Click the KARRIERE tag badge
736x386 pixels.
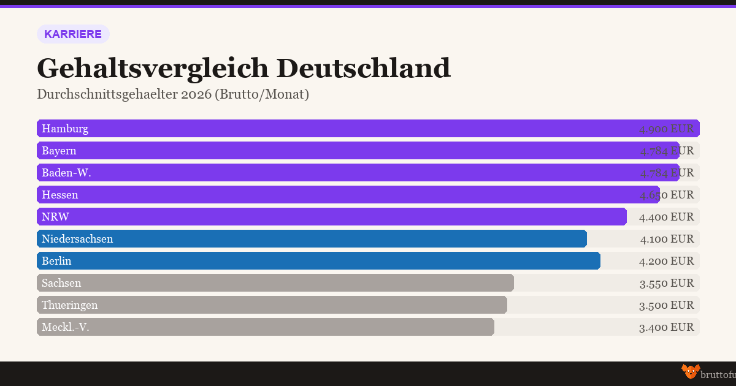point(73,34)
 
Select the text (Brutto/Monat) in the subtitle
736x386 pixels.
point(261,95)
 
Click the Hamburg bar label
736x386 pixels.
point(65,129)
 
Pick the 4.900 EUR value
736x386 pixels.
point(666,129)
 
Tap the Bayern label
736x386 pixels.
point(59,151)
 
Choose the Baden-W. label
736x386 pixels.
point(66,173)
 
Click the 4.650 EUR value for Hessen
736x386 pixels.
point(666,195)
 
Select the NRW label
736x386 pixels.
point(55,217)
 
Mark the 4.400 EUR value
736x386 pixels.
point(666,217)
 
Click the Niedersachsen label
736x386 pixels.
point(77,239)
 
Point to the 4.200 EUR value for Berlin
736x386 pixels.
point(666,261)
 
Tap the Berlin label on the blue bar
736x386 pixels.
point(56,261)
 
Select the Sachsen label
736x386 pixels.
point(61,283)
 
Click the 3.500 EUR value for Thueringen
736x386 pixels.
point(666,305)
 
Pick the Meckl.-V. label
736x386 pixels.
point(66,327)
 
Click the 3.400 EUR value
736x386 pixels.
point(666,327)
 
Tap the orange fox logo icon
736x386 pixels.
point(690,371)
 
